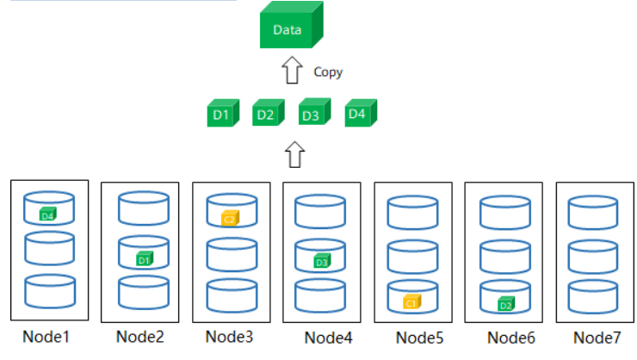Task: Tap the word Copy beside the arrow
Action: [x=328, y=72]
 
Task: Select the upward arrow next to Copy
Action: [x=293, y=71]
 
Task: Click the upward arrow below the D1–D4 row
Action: [x=294, y=155]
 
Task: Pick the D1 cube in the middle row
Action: [x=220, y=114]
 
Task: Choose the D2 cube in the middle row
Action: [x=265, y=114]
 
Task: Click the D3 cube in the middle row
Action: [x=312, y=114]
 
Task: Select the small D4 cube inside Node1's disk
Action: [x=48, y=214]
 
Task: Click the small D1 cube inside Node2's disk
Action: [x=144, y=258]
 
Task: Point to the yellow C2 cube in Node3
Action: [x=229, y=218]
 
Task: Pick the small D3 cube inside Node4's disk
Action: [x=321, y=260]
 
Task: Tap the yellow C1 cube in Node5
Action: [x=411, y=302]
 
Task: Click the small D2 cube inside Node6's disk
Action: [x=505, y=303]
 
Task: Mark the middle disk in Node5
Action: [x=413, y=256]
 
